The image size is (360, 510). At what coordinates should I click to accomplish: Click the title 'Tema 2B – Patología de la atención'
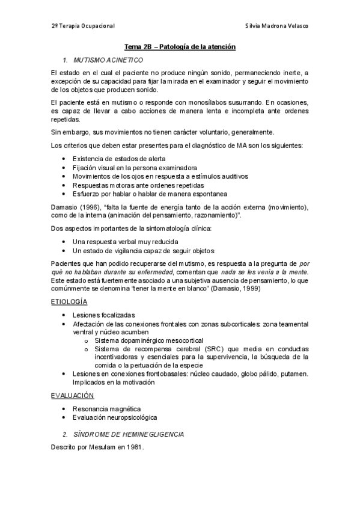click(x=180, y=46)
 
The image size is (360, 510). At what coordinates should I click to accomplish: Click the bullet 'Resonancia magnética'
click(x=103, y=408)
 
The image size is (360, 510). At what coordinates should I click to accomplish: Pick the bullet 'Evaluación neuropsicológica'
click(x=114, y=417)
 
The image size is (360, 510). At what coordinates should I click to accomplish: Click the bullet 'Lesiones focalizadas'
click(x=103, y=315)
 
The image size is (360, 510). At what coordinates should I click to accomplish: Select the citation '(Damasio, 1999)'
click(x=239, y=289)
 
